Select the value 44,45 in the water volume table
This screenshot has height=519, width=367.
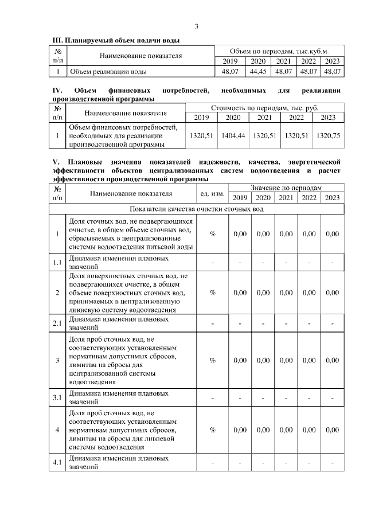(258, 72)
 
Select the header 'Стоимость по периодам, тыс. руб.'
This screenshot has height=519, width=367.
(265, 107)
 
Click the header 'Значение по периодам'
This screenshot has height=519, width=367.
(286, 188)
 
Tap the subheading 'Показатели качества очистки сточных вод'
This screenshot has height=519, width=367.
(197, 209)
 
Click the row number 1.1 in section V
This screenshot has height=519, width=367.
(57, 263)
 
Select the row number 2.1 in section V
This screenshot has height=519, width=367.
(57, 323)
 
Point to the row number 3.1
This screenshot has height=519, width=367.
(57, 397)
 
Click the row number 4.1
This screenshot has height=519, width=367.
(57, 462)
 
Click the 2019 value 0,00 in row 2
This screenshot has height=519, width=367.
(240, 292)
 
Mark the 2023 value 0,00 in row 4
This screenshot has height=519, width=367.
(332, 430)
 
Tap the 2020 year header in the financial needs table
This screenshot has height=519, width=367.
(233, 118)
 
